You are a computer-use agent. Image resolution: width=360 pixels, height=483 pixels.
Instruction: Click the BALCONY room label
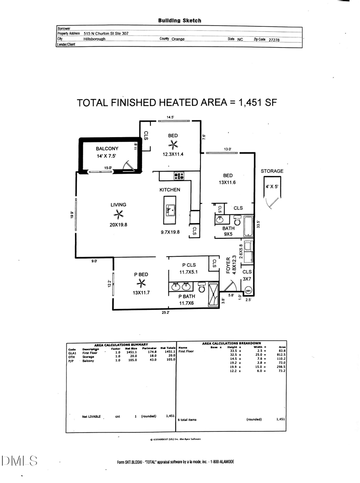point(107,148)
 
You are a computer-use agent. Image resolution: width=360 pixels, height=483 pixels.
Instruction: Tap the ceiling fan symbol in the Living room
point(118,214)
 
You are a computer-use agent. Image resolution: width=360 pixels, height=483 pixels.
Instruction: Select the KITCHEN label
point(170,190)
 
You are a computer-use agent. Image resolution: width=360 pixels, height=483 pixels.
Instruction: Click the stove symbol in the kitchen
point(179,176)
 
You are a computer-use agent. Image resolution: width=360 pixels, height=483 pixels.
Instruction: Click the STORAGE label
point(272,171)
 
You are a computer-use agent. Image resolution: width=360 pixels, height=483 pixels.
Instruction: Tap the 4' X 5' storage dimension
point(272,186)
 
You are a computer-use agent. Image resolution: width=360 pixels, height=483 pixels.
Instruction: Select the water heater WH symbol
point(248,291)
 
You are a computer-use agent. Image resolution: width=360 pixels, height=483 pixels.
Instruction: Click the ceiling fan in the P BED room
point(141,283)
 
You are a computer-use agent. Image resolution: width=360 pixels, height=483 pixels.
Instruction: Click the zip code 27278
point(274,40)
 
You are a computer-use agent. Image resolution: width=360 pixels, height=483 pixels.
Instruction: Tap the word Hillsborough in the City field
point(94,39)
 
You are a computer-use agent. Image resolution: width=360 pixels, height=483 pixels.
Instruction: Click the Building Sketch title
point(180,20)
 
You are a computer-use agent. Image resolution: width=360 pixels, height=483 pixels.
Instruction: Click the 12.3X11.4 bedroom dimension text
point(173,154)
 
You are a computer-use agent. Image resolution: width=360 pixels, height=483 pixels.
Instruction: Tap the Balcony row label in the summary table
point(88,361)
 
